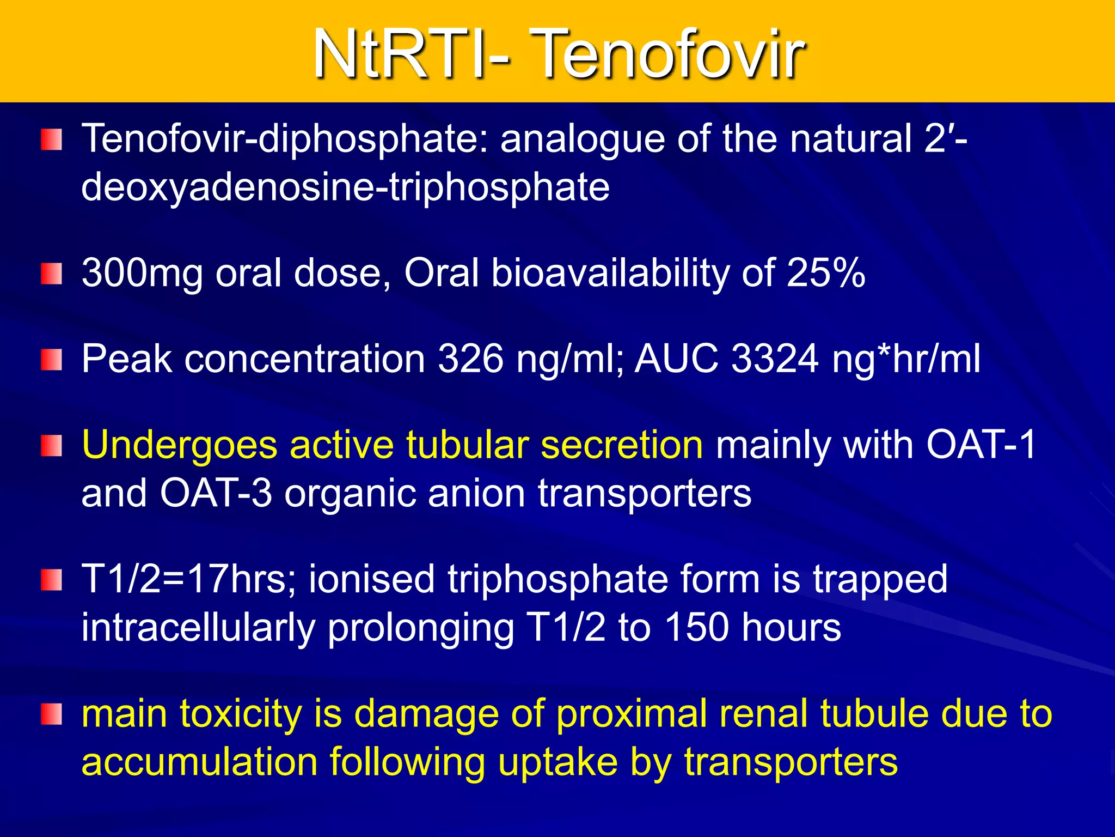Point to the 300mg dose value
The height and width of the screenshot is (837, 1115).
(x=142, y=273)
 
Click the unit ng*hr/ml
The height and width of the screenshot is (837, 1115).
(x=906, y=360)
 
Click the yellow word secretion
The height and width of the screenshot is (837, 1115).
(x=622, y=445)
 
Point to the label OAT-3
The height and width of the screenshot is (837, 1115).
(x=216, y=493)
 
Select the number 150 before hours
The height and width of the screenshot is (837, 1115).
(x=697, y=627)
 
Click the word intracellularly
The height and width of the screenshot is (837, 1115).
(x=198, y=628)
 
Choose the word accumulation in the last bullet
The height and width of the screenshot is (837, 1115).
(x=199, y=762)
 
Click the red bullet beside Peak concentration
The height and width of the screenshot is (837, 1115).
(x=52, y=360)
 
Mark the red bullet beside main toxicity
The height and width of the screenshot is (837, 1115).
(x=52, y=714)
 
